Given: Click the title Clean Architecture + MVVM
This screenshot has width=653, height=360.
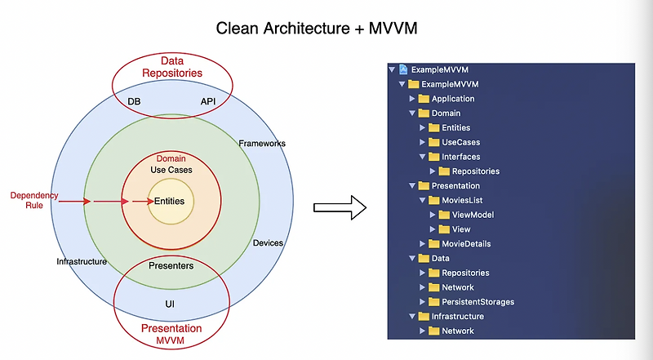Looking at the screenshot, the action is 317,29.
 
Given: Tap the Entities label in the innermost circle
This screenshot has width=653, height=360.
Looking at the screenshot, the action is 169,202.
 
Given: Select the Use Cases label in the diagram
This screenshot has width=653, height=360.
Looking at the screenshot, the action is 171,170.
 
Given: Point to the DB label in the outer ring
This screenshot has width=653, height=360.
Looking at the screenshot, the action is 134,101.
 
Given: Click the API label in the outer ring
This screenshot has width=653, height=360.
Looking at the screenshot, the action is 208,101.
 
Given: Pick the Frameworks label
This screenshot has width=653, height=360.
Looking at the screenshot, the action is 262,144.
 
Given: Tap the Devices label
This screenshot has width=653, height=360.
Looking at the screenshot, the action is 268,243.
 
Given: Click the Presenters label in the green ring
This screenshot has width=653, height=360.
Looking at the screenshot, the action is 171,266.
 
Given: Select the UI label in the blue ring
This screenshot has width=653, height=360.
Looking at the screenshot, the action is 170,304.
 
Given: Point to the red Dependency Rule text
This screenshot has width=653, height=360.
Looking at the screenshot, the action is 34,201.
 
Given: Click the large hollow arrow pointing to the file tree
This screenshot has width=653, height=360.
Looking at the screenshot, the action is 340,207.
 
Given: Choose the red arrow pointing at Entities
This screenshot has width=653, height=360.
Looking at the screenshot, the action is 143,202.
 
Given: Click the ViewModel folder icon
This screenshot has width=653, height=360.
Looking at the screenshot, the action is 444,215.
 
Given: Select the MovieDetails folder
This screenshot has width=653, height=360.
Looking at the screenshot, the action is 460,244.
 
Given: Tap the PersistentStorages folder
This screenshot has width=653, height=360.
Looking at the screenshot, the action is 471,302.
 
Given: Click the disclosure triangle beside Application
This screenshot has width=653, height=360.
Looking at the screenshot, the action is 412,99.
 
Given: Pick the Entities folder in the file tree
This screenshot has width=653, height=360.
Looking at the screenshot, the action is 450,127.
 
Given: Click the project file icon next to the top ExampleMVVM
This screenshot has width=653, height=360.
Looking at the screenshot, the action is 403,69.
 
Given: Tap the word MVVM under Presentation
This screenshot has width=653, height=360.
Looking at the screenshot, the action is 171,340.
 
